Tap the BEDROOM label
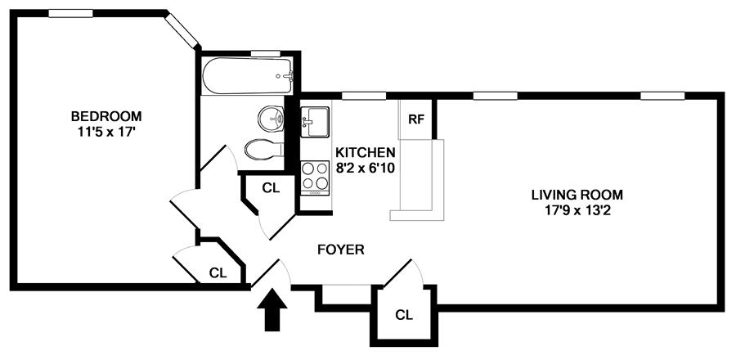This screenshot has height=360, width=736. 105,115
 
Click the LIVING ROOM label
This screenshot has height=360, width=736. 577,195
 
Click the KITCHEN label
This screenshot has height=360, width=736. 366,152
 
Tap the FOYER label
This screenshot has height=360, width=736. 340,250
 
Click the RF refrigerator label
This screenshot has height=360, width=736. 415,119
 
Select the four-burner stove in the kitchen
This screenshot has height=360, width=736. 315,175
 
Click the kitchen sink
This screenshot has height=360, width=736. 316,124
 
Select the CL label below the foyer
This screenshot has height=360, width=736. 403,314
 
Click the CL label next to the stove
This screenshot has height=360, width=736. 271,187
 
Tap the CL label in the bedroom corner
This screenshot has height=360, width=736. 217,272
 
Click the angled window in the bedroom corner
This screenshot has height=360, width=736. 182,30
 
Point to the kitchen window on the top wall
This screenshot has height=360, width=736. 364,96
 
